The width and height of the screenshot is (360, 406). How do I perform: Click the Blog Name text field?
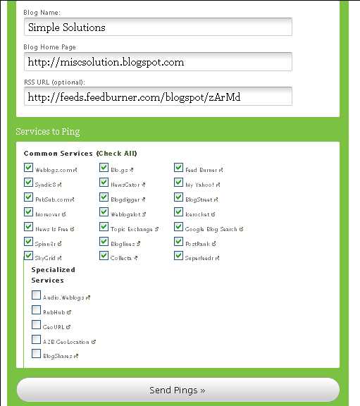158,27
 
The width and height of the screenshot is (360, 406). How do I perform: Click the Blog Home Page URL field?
158,62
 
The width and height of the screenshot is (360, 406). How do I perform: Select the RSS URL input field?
158,97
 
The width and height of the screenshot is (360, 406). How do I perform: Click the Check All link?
116,153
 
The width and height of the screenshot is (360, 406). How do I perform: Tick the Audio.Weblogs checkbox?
36,295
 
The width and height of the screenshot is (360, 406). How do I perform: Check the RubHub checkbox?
36,310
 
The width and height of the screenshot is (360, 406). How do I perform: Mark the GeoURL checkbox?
36,325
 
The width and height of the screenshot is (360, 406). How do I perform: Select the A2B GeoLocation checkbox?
36,340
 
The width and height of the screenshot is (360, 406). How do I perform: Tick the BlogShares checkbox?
36,355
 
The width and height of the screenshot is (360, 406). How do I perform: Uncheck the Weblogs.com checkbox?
28,168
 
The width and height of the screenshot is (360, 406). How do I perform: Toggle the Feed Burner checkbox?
179,168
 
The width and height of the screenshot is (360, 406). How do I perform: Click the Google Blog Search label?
211,229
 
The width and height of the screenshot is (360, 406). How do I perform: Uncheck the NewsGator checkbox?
104,183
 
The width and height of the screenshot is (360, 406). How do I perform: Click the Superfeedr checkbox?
179,256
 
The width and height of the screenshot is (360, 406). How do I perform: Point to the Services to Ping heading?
48,132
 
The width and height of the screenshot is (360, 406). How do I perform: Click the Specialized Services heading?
54,275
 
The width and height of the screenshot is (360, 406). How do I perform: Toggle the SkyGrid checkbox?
28,257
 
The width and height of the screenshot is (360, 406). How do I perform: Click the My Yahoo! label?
201,185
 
